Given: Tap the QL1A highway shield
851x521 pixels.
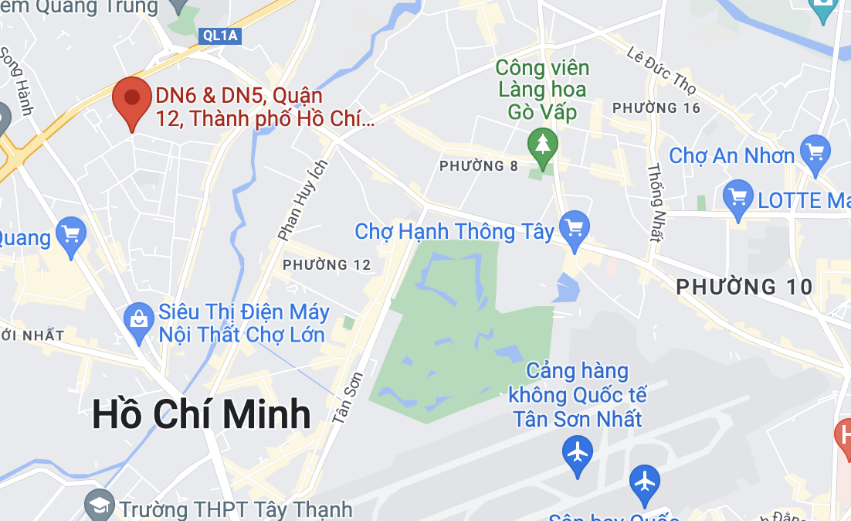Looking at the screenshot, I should click(x=220, y=35).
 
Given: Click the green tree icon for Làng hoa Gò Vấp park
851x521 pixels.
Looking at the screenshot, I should click(x=543, y=144).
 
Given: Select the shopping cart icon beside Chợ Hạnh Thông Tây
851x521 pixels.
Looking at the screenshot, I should click(x=574, y=227).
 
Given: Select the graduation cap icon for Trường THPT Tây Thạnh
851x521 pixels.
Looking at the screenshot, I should click(x=100, y=506).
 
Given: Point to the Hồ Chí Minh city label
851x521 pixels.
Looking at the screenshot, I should click(x=201, y=414).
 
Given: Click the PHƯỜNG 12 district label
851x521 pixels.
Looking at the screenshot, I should click(x=327, y=265).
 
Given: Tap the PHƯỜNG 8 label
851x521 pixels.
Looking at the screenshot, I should click(x=479, y=166).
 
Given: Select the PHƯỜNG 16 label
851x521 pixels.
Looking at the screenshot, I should click(x=656, y=108).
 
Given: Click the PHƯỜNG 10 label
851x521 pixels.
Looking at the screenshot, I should click(x=744, y=288).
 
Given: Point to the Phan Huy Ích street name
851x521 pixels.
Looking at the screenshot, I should click(x=303, y=199).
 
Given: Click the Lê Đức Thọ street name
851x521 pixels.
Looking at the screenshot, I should click(x=662, y=70).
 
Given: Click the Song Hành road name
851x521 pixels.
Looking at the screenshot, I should click(x=15, y=80).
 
